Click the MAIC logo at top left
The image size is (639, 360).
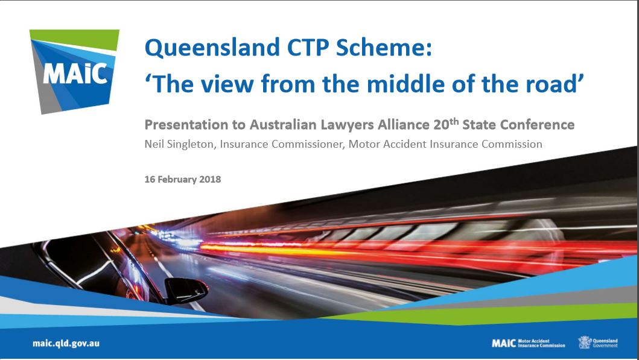pyautogui.click(x=75, y=71)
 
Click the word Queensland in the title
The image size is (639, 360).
pyautogui.click(x=212, y=48)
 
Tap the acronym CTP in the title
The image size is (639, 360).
pyautogui.click(x=308, y=47)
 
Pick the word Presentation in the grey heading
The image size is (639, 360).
pyautogui.click(x=186, y=125)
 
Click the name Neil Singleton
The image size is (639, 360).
pyautogui.click(x=179, y=144)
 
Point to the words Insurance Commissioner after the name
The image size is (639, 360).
pyautogui.click(x=281, y=144)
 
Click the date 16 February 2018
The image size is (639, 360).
pyautogui.click(x=183, y=179)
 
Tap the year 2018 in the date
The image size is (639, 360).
pyautogui.click(x=210, y=179)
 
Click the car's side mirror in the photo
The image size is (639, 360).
pyautogui.click(x=186, y=291)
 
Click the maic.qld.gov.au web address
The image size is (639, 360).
pyautogui.click(x=66, y=343)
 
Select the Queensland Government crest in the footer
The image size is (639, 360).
pyautogui.click(x=584, y=343)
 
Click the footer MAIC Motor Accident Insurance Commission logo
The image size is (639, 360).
pyautogui.click(x=529, y=343)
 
